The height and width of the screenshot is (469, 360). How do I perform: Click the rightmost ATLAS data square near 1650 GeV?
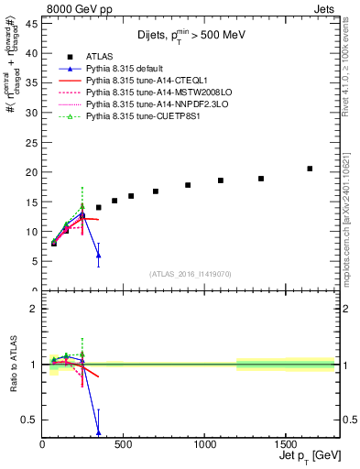(310, 169)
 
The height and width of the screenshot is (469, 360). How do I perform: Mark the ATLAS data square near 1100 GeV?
(221, 180)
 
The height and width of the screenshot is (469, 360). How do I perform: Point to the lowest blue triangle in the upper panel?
(98, 256)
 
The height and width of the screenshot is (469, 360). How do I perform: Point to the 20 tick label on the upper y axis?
(31, 172)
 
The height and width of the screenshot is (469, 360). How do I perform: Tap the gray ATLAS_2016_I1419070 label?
(190, 273)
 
